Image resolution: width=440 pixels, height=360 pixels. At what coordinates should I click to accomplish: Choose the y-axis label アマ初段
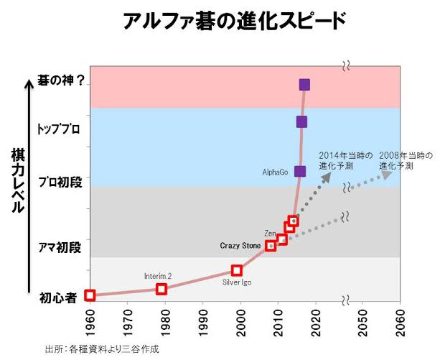pos(60,248)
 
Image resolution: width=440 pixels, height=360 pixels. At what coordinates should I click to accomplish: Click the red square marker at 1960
pos(90,295)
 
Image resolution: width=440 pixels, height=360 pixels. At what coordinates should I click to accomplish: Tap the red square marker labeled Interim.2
pos(162,289)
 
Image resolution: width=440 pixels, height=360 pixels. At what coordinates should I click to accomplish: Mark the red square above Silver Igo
pos(236,270)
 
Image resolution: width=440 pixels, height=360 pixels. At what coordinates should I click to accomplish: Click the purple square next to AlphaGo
pos(300,171)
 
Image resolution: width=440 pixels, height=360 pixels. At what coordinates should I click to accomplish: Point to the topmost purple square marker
pos(304,85)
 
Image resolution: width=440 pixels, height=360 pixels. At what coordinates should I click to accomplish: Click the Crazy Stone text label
pos(240,246)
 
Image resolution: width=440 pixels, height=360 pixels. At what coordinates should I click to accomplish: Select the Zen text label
pos(270,234)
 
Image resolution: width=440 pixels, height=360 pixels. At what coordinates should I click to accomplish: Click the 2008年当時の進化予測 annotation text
pos(406,160)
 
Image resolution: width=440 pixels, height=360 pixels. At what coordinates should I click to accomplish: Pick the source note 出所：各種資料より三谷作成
pos(101,349)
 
